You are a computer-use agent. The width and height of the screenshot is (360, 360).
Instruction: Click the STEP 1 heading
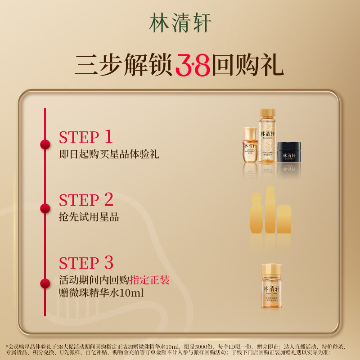[86, 137]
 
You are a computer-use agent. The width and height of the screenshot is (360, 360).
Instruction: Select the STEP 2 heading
[86, 200]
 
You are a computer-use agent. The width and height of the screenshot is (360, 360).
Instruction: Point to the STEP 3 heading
[86, 263]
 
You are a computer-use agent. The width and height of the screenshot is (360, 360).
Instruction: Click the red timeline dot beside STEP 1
[45, 144]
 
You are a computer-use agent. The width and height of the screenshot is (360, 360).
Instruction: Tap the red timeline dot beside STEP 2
[45, 208]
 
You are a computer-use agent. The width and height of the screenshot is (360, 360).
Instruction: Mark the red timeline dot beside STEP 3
[45, 283]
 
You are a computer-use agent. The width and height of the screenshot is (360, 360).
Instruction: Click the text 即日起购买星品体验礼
[109, 154]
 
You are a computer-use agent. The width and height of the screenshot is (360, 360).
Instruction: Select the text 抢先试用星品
[89, 217]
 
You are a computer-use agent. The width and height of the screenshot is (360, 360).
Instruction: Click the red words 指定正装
[149, 281]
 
